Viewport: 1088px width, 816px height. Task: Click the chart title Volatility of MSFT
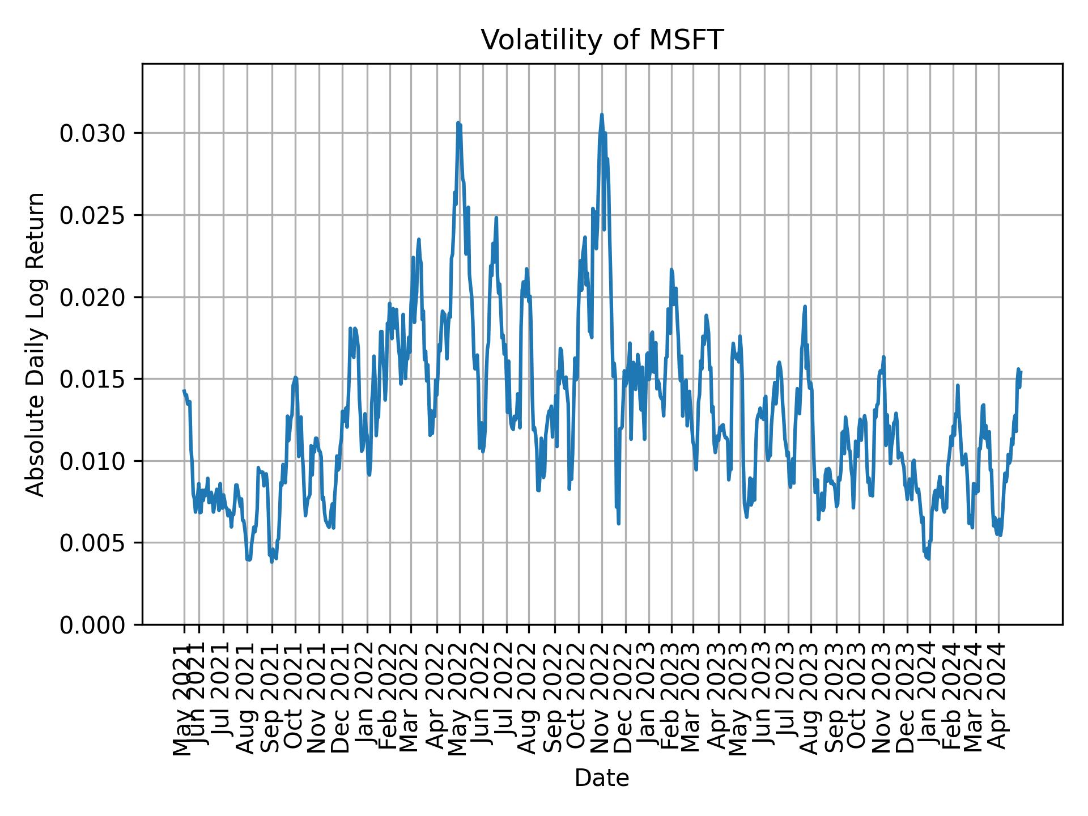[x=602, y=40]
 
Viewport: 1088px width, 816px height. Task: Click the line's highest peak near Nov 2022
[x=602, y=114]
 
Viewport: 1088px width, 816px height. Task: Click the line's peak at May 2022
[x=458, y=122]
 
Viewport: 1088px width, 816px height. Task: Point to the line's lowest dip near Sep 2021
[x=271, y=562]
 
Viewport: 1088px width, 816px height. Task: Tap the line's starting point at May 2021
[x=184, y=390]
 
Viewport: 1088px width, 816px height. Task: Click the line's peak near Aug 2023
[x=805, y=307]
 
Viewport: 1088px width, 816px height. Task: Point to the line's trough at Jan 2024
[x=928, y=559]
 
